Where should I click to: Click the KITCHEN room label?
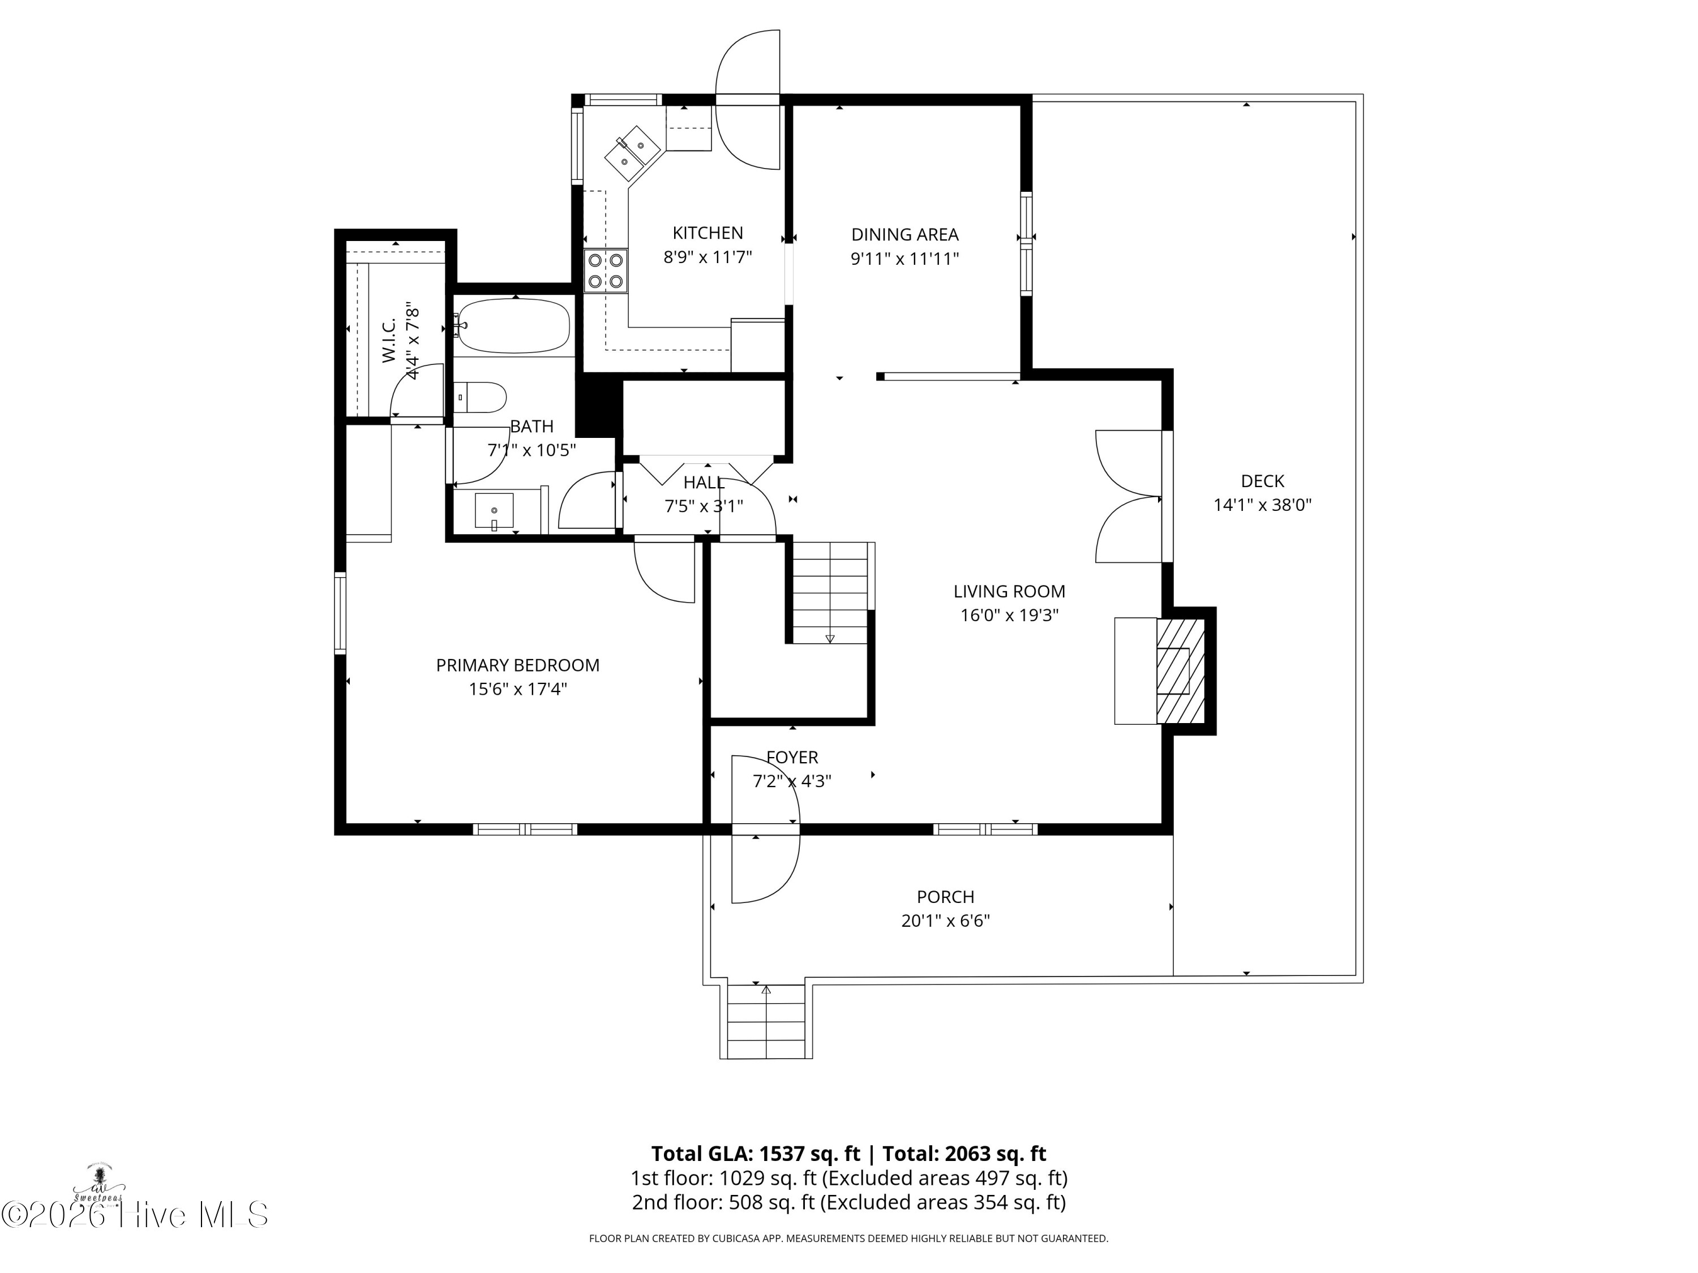pyautogui.click(x=707, y=233)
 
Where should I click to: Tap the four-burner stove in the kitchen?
pyautogui.click(x=605, y=271)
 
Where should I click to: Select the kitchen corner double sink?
pyautogui.click(x=633, y=152)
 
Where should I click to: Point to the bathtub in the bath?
pyautogui.click(x=513, y=326)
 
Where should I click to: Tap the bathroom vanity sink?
pyautogui.click(x=494, y=511)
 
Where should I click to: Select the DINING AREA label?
pyautogui.click(x=905, y=234)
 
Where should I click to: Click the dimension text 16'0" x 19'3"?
pyautogui.click(x=1009, y=616)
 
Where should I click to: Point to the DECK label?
pyautogui.click(x=1263, y=481)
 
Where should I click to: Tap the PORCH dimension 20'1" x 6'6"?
pyautogui.click(x=946, y=921)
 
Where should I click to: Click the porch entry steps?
pyautogui.click(x=766, y=1021)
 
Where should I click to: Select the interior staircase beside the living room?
pyautogui.click(x=830, y=592)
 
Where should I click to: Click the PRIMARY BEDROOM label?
pyautogui.click(x=518, y=665)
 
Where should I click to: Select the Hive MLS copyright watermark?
pyautogui.click(x=134, y=1215)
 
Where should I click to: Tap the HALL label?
pyautogui.click(x=704, y=483)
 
